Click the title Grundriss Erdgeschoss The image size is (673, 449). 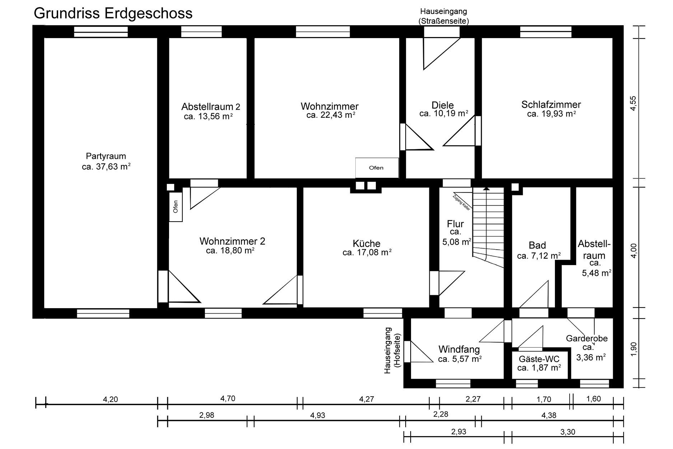click(x=113, y=13)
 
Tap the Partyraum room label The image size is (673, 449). click(x=106, y=156)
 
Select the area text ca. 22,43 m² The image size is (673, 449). click(x=331, y=115)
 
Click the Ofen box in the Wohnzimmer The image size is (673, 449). click(x=377, y=168)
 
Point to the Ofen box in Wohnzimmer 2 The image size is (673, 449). click(x=176, y=207)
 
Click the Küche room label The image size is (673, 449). click(x=366, y=243)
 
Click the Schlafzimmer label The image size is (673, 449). click(x=551, y=105)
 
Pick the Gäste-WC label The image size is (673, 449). click(x=539, y=359)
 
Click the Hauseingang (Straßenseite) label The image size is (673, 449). click(x=444, y=17)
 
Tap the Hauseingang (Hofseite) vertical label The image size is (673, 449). click(x=392, y=350)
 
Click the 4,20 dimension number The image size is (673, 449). click(x=110, y=399)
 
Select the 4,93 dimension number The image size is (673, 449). click(x=317, y=415)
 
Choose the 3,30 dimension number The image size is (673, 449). click(x=567, y=432)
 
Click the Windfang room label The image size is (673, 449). click(x=459, y=349)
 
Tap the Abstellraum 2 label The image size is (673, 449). click(x=211, y=107)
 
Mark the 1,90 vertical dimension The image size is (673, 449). click(x=634, y=349)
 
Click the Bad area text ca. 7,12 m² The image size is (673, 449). click(x=539, y=256)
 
